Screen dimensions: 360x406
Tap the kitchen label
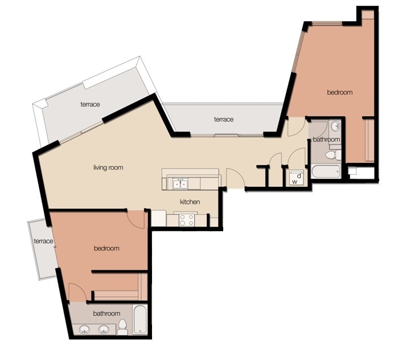click(190, 202)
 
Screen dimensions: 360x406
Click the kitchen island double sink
click(181, 183)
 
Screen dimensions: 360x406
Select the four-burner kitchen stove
click(186, 219)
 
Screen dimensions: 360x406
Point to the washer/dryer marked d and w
click(296, 177)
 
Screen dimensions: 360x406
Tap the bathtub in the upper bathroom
click(325, 171)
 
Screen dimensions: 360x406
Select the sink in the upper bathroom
click(335, 126)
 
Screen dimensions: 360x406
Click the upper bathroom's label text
click(326, 139)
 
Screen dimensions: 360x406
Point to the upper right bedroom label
click(339, 92)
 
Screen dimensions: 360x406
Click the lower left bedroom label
click(106, 248)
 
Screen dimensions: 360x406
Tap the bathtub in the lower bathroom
click(140, 320)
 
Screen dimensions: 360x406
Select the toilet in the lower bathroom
click(122, 327)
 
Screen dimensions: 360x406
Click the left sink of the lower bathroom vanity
click(85, 329)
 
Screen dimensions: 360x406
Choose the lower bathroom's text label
click(106, 313)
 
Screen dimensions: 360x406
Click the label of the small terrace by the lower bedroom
click(43, 242)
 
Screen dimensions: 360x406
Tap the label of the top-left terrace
click(90, 105)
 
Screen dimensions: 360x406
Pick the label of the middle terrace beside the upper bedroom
click(224, 119)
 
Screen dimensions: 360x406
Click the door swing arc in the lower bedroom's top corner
click(136, 218)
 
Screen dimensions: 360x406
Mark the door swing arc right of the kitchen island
click(236, 178)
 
